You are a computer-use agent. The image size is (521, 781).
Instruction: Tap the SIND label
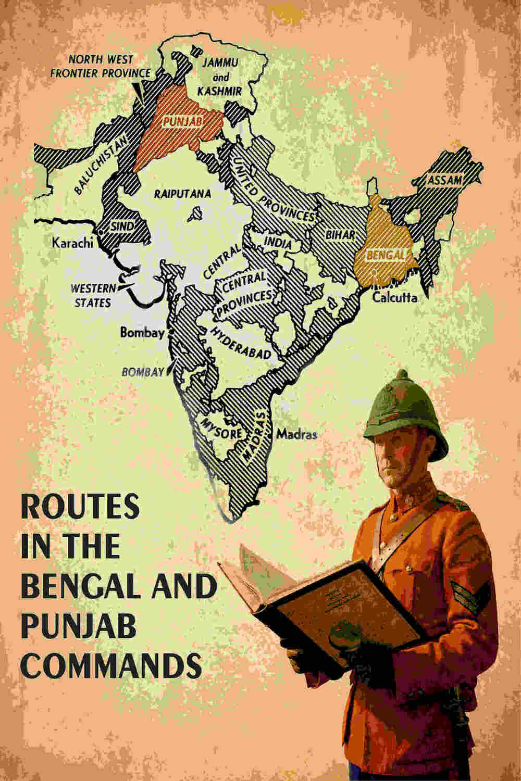coord(123,226)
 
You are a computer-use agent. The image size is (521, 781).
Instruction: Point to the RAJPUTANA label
coord(182,194)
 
